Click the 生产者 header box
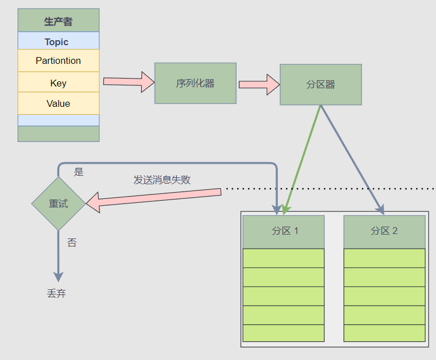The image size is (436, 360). (x=58, y=21)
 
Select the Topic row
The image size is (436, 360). (x=58, y=41)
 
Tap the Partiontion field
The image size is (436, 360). (x=58, y=60)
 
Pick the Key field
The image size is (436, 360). (x=58, y=83)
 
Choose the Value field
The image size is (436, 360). (x=58, y=103)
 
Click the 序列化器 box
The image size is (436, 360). (x=195, y=83)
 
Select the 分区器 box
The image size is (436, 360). (x=320, y=84)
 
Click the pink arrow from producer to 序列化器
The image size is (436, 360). (x=128, y=81)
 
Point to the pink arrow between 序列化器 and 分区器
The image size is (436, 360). (x=259, y=84)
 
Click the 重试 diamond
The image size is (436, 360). (x=58, y=203)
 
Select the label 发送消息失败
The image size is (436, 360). (x=162, y=180)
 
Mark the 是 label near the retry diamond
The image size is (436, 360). (x=79, y=172)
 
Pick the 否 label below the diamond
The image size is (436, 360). (x=72, y=243)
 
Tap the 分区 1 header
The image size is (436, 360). (x=284, y=231)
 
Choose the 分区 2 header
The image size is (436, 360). (x=384, y=231)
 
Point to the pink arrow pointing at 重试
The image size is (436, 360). (x=152, y=198)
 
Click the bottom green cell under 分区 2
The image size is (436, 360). (x=384, y=333)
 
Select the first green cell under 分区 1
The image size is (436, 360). (x=284, y=258)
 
